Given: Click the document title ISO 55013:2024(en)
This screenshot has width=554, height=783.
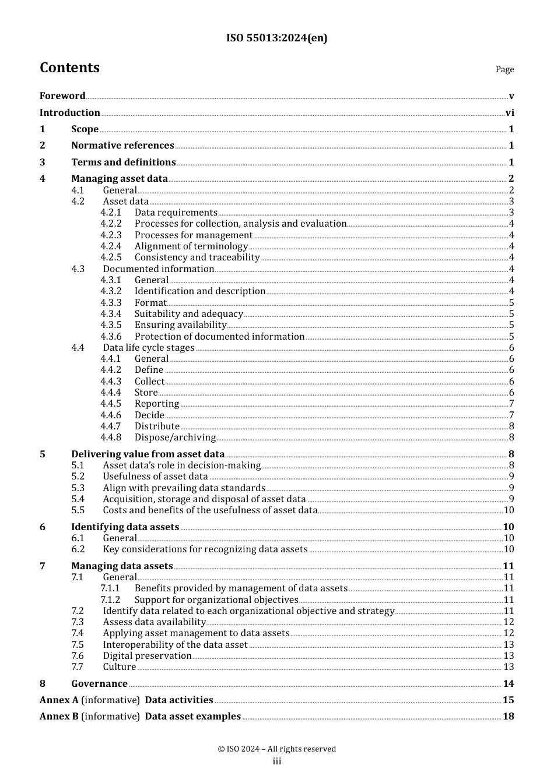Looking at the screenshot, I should tap(277, 38).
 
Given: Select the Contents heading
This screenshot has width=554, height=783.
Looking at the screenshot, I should tap(69, 68).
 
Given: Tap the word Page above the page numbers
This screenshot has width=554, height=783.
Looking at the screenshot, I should tap(504, 69).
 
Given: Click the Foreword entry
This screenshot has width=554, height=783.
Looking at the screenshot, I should tap(62, 96).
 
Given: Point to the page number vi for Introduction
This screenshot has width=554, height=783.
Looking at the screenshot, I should tap(510, 113).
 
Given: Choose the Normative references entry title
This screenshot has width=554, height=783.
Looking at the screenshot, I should tap(122, 146).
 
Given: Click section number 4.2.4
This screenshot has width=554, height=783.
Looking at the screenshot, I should tap(111, 246).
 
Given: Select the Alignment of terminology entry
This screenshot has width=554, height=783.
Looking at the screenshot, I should tap(191, 246).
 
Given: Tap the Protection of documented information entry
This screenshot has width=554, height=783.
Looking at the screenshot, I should tap(219, 337).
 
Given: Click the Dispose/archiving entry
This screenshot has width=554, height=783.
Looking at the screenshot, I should tap(175, 438).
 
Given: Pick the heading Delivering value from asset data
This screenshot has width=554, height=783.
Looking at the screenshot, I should tap(148, 454).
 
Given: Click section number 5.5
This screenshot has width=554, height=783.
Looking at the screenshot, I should tap(78, 510).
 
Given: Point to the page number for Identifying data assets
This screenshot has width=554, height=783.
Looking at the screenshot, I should tap(509, 527).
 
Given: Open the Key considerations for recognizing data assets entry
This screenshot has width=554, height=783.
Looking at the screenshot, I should tap(205, 549).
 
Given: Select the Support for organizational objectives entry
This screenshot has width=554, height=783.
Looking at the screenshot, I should tap(216, 600).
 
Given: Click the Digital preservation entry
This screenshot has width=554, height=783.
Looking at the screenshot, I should tap(147, 656).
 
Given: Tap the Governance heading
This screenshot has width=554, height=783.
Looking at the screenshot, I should tap(99, 684).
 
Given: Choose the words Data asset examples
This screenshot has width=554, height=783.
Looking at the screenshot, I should tap(192, 717).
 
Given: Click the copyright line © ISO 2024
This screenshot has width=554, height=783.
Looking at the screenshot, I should tap(277, 749).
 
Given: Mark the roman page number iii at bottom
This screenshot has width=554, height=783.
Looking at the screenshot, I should tap(277, 761).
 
